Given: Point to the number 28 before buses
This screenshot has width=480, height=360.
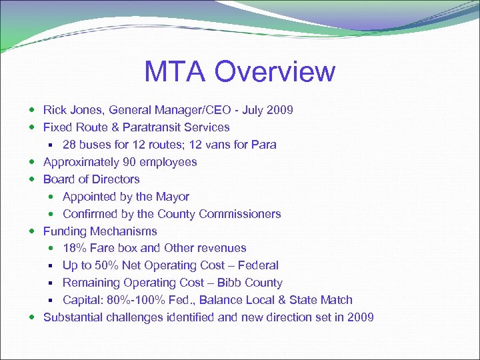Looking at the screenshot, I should click(69, 145).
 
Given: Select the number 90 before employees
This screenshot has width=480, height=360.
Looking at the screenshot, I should click(128, 162).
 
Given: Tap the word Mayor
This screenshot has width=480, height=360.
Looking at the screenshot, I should click(173, 197).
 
